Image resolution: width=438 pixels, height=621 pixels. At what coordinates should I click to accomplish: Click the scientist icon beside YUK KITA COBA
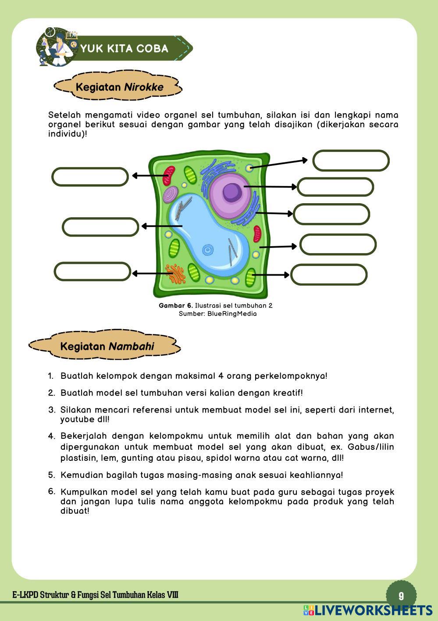54,47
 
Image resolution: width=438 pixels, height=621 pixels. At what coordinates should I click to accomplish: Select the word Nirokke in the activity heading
143,87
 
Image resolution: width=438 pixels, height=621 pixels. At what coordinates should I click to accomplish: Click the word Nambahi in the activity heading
131,346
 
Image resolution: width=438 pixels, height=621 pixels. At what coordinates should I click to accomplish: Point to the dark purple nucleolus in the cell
231,191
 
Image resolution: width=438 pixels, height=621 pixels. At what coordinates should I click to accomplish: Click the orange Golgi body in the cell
175,273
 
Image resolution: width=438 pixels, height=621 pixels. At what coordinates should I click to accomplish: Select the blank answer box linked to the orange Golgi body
93,272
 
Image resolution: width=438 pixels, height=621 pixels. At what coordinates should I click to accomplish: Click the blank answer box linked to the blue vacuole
100,227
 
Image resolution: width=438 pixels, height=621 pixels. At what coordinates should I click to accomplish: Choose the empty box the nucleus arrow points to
335,187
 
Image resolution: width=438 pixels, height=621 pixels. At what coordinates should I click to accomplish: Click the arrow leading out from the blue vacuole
161,226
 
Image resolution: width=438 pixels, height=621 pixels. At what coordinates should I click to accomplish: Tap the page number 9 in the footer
401,596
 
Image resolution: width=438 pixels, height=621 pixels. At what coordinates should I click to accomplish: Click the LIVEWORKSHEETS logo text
373,610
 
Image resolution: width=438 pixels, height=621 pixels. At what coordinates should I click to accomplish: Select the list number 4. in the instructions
52,436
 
